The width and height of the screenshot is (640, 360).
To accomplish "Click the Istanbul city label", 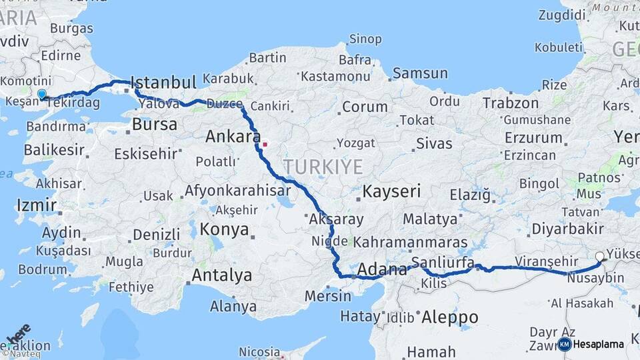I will click(x=163, y=83).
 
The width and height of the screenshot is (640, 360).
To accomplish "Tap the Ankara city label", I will click(x=233, y=137).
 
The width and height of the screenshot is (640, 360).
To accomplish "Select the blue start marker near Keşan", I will click(x=42, y=95).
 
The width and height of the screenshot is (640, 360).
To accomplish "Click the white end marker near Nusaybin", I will click(x=599, y=256).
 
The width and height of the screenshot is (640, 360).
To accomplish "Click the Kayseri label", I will click(x=391, y=192).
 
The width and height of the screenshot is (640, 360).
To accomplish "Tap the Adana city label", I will click(x=382, y=270).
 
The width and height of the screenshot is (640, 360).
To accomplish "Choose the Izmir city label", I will click(x=36, y=204).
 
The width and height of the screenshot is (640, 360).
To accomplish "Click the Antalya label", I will click(x=222, y=275).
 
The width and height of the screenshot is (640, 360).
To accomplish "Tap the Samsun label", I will click(x=420, y=73).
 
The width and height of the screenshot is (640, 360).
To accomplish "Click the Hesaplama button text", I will click(x=599, y=345).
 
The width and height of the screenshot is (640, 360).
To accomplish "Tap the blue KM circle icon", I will click(x=564, y=345).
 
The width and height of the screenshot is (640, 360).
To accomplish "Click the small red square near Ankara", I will click(x=265, y=143).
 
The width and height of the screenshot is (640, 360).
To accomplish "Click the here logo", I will click(x=18, y=333).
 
